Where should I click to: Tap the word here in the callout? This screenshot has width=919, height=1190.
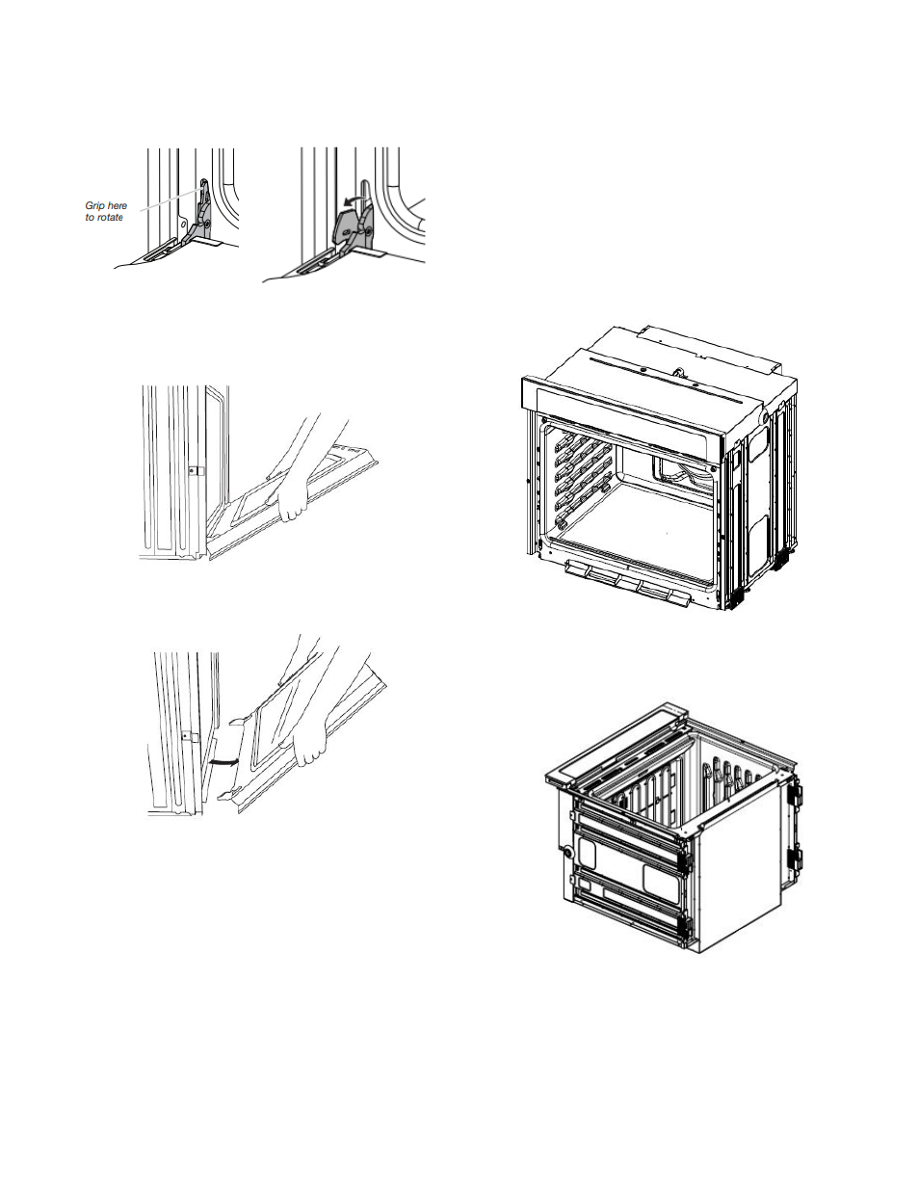tap(116, 206)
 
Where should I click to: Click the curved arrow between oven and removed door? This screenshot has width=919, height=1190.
tap(224, 762)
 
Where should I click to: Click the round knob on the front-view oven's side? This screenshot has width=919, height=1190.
tap(761, 417)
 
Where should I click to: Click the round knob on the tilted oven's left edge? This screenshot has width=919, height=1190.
tap(567, 852)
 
